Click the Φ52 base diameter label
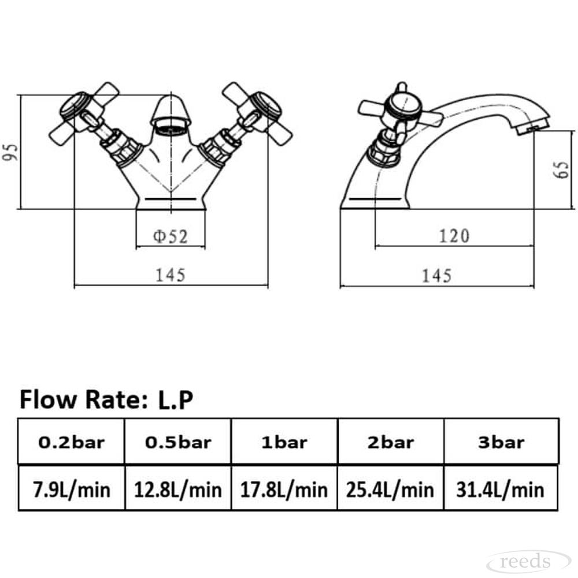coord(170,236)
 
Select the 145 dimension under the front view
coord(171,275)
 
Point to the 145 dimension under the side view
coord(436,276)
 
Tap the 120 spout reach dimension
coord(454,236)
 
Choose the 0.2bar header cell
coord(72,443)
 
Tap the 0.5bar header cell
coord(178,443)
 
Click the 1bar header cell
coord(284,443)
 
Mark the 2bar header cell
coord(391,443)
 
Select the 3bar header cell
coord(501,443)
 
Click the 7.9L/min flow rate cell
coord(72,490)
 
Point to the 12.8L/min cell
coord(178,490)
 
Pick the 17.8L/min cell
coord(284,490)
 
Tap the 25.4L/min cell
coord(391,490)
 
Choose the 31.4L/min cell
coord(501,490)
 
